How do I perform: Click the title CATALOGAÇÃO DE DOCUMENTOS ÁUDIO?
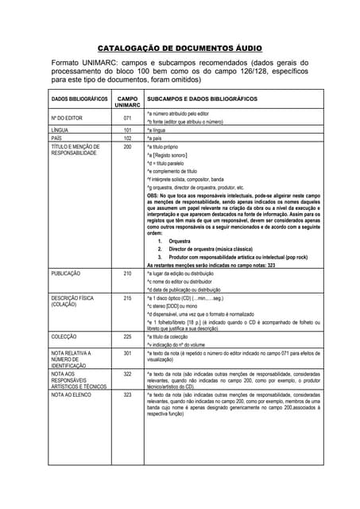click(x=180, y=47)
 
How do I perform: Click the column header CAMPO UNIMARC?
click(x=127, y=102)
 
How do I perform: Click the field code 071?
click(x=127, y=118)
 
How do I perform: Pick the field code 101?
click(x=127, y=129)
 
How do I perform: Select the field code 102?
click(x=127, y=138)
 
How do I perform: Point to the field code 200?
click(x=127, y=146)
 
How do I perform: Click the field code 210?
click(x=127, y=273)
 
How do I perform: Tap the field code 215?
click(x=127, y=298)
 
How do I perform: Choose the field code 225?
click(x=127, y=336)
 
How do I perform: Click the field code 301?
click(x=127, y=352)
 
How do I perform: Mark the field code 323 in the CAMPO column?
click(x=127, y=394)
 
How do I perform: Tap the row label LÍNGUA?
click(x=60, y=129)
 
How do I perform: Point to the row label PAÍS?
click(x=57, y=138)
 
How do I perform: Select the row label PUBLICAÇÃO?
click(x=66, y=273)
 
